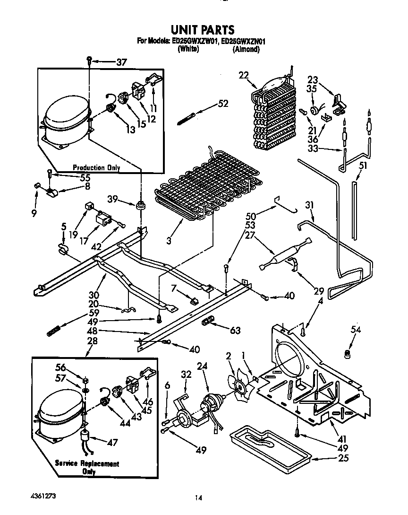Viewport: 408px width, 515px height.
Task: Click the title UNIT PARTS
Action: (199, 30)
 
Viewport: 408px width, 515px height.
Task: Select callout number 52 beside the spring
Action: (223, 104)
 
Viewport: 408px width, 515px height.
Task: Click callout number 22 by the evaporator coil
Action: (244, 75)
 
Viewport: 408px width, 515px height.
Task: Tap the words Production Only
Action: (96, 167)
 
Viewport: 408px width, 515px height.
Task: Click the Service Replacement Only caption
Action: (87, 467)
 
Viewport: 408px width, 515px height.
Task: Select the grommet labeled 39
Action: (140, 206)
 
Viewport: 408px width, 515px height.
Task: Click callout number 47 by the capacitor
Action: (112, 443)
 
